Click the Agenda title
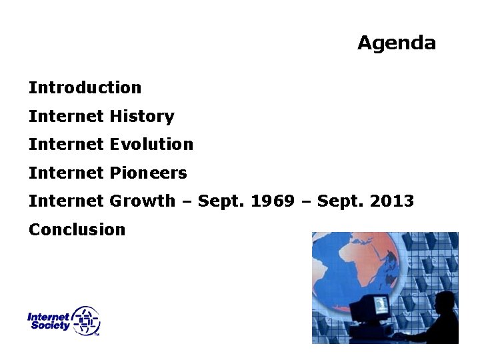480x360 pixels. (x=396, y=43)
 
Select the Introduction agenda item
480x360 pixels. (x=85, y=87)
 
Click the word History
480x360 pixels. (x=141, y=116)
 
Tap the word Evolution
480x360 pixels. (x=151, y=144)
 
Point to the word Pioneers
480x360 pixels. (x=148, y=173)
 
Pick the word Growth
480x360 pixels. (x=142, y=201)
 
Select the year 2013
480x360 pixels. (x=392, y=201)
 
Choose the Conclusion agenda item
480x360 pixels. (x=77, y=229)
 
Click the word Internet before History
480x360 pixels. (x=66, y=116)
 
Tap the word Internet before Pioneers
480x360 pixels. (x=66, y=173)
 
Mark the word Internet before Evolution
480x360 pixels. (x=66, y=144)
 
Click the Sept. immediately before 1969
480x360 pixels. (x=221, y=201)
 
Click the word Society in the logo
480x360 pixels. (x=49, y=326)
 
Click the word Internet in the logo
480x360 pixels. (x=48, y=317)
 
